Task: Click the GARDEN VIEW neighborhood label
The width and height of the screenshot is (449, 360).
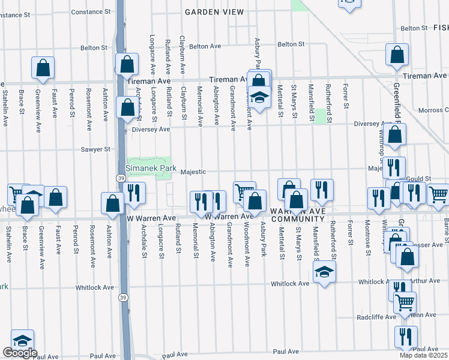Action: pos(214,12)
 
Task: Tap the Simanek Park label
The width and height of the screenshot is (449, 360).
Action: pos(151,169)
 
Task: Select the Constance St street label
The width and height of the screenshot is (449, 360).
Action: pos(91,12)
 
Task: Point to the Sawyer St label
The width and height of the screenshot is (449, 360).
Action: pos(97,149)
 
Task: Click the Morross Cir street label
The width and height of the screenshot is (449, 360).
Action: pos(429,110)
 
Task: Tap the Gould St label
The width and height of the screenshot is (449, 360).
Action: pos(419,179)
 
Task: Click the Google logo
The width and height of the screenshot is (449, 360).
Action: pos(20,353)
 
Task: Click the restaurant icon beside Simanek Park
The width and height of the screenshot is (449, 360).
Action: pos(133,193)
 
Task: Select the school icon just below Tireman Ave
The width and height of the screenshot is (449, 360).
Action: pos(259,98)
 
